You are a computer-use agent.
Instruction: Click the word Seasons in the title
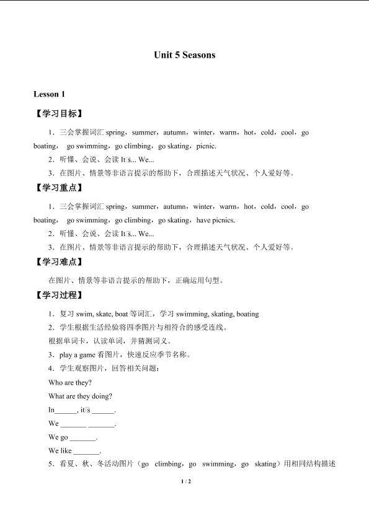199,55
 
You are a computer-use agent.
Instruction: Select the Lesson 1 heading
49,94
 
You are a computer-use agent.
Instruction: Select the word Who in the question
55,383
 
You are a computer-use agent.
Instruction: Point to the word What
56,396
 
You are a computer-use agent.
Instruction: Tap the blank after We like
87,451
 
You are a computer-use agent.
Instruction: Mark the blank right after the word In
66,410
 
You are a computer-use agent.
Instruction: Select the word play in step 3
66,355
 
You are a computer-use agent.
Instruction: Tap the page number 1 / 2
184,481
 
